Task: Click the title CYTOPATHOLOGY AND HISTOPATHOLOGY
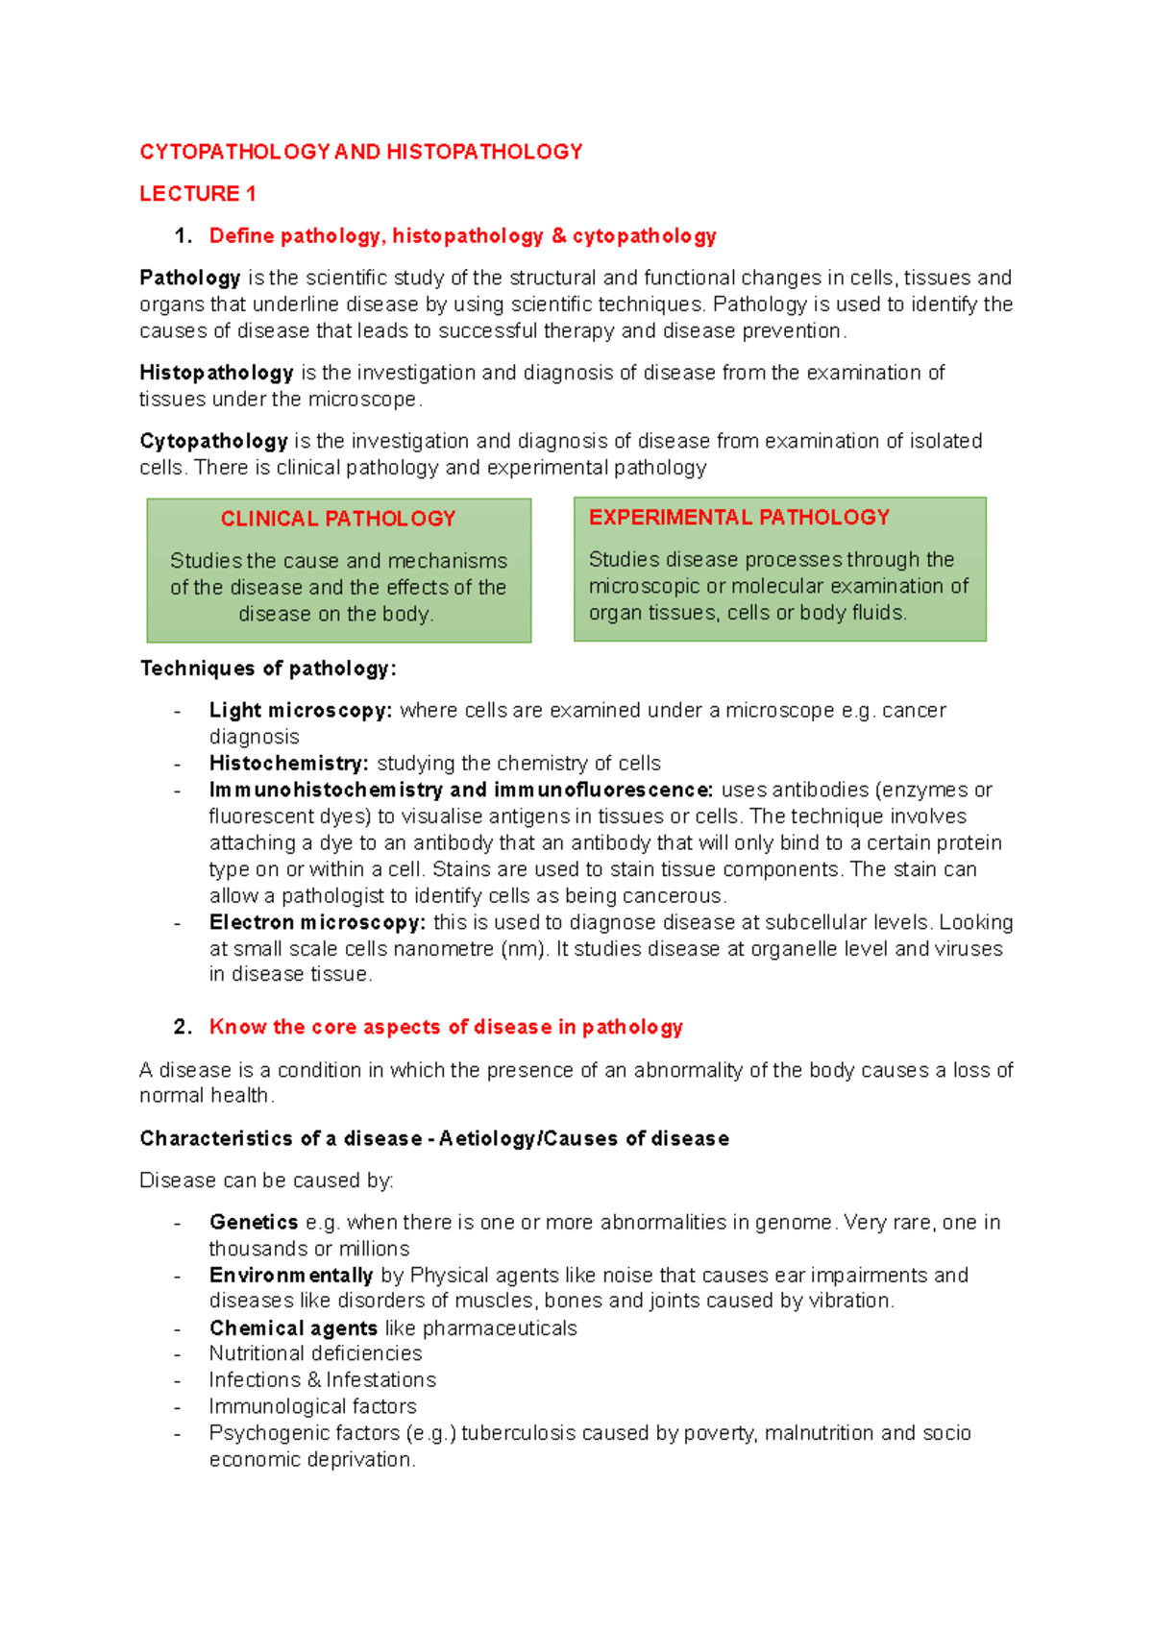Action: tap(360, 152)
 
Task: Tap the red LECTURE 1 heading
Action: tap(197, 194)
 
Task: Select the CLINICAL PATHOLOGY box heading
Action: tap(338, 519)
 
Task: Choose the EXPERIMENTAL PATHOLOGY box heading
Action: tap(739, 518)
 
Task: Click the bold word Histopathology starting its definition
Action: tap(216, 373)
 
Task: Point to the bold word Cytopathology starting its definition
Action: tap(213, 441)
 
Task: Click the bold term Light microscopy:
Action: tap(301, 711)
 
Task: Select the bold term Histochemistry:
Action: tap(288, 764)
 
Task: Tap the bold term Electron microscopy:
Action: tap(317, 923)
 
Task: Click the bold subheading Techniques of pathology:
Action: tap(268, 669)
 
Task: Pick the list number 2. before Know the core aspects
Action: tap(183, 1027)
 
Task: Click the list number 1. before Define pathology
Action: tap(183, 236)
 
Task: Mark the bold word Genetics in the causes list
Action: tap(254, 1223)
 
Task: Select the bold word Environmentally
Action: tap(291, 1276)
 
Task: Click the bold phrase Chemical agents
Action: tap(293, 1328)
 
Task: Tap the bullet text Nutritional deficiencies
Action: tap(315, 1353)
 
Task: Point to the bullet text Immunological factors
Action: tap(312, 1407)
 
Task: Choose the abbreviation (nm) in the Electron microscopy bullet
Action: tap(524, 949)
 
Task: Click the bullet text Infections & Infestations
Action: tap(322, 1380)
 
